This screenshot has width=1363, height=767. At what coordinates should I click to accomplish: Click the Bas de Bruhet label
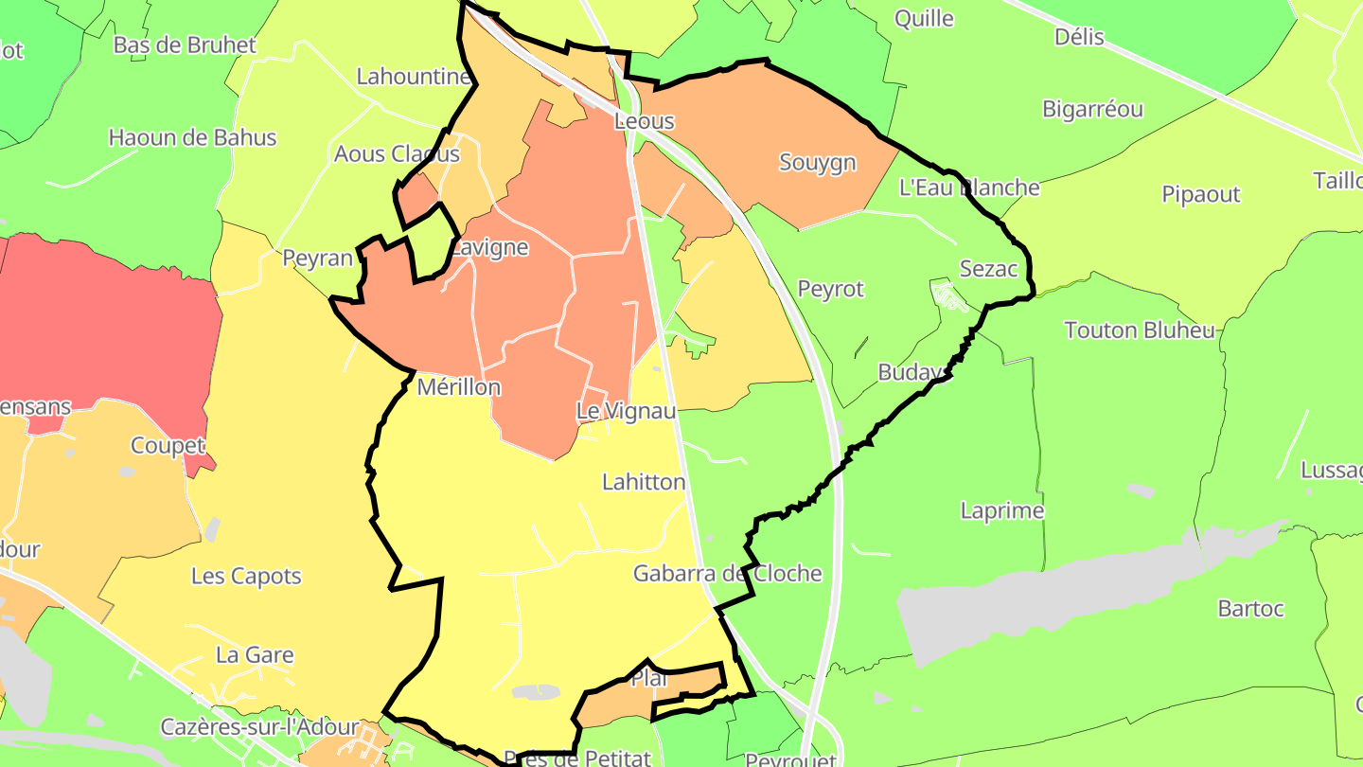point(185,45)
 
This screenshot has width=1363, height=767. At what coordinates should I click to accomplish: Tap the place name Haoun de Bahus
point(192,137)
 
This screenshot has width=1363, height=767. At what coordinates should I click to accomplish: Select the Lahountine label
point(414,77)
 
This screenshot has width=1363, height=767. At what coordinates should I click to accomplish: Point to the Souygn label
point(818,162)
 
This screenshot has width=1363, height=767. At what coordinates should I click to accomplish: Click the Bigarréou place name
point(1092,109)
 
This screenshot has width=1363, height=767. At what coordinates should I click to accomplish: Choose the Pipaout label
point(1201,194)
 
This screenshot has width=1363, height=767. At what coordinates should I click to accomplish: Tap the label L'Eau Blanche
point(969,187)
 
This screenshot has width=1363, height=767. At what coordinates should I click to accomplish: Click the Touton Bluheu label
point(1140,330)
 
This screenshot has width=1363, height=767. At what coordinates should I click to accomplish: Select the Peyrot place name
point(831,289)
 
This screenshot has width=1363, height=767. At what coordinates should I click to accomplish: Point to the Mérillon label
point(459,387)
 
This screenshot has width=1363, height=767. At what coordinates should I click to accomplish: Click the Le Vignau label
point(627,411)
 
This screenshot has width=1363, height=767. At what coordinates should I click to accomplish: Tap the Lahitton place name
point(644,482)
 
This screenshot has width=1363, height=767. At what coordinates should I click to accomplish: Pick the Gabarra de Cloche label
point(727,574)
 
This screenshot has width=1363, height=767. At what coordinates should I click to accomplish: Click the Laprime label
point(1002,510)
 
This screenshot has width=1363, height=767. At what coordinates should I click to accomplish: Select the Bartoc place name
point(1251,609)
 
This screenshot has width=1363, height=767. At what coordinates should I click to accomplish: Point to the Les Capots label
point(246,576)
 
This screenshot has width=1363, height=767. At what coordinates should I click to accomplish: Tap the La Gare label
point(255,654)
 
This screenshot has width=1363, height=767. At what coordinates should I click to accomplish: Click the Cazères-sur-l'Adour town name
point(259,727)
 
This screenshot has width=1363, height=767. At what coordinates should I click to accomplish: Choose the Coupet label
point(168,445)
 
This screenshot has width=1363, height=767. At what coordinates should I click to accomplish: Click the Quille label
point(924,18)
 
